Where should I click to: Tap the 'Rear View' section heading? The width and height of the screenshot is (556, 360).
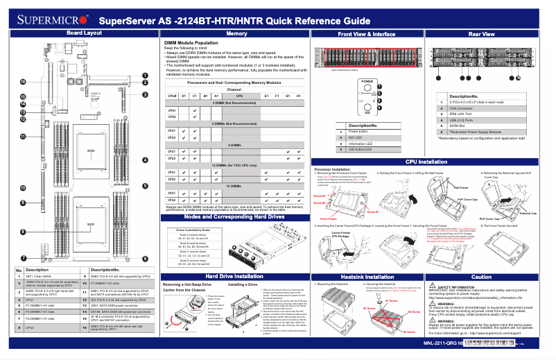tap(481, 33)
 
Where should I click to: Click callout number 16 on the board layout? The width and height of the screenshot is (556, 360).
tap(22, 83)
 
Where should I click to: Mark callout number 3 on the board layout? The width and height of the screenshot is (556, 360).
tap(145, 94)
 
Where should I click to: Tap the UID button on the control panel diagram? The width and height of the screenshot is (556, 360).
tap(367, 108)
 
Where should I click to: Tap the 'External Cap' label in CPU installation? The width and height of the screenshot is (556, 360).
tap(528, 214)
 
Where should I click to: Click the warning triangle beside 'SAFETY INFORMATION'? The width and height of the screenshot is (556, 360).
tap(433, 286)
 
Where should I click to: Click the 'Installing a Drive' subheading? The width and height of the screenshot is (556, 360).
tap(243, 285)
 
